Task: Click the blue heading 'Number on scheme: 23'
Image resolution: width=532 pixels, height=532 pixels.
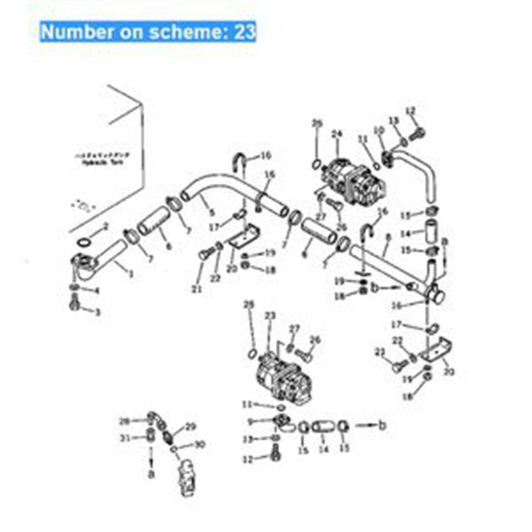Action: (x=148, y=32)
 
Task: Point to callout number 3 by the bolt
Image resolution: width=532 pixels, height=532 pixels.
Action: (x=97, y=291)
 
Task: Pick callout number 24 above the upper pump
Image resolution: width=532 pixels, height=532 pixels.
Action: (x=336, y=133)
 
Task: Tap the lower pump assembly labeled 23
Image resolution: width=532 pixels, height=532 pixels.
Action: (x=280, y=376)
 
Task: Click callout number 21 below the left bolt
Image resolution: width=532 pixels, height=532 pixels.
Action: (x=196, y=289)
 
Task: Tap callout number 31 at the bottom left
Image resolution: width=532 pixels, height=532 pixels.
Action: (x=126, y=437)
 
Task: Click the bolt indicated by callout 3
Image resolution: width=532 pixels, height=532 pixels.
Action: (x=76, y=306)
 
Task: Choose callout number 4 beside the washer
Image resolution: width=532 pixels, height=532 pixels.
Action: (x=97, y=291)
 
